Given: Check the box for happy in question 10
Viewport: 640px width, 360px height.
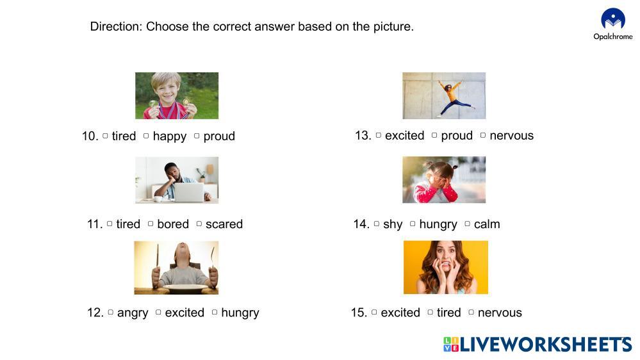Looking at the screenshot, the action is (146, 136).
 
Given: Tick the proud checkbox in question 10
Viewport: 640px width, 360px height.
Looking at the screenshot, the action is (197, 136).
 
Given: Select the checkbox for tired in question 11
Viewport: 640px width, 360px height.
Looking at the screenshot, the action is (110, 224).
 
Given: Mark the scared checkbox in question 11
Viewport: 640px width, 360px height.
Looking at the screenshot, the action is (199, 224).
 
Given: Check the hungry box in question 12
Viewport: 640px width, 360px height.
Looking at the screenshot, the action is (215, 312).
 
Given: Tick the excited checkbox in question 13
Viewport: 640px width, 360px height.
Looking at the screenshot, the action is (379, 135).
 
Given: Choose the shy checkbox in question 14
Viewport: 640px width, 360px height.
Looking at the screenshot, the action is (376, 224).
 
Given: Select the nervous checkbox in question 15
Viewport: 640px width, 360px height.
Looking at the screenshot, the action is (471, 312).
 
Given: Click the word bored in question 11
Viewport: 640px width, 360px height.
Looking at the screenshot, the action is (173, 224).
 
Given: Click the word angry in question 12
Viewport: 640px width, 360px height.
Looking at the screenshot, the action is (133, 313).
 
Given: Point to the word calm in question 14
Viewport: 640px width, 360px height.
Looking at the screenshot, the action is (487, 224).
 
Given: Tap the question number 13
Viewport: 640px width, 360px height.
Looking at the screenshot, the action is (363, 135).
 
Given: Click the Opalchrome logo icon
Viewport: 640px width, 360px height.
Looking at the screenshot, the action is (613, 19).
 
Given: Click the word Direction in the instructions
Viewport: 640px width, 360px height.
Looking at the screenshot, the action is (116, 26).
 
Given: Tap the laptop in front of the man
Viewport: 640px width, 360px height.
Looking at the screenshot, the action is (188, 192).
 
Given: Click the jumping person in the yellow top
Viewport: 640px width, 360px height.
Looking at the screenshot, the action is (453, 98).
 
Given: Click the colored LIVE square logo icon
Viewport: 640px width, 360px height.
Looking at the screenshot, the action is (451, 344).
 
